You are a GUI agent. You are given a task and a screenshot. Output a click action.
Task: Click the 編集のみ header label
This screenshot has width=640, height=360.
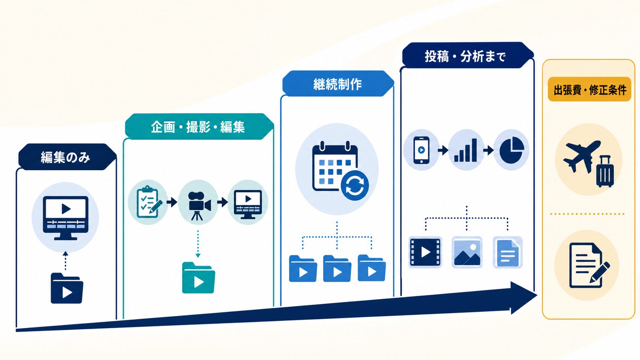(x=65, y=157)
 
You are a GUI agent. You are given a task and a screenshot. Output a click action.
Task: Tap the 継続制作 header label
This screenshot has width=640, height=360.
(x=338, y=84)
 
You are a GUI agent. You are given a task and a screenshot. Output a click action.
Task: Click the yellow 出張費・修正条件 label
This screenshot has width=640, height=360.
(x=589, y=90)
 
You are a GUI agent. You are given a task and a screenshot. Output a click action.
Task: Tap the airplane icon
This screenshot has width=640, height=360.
(x=581, y=156)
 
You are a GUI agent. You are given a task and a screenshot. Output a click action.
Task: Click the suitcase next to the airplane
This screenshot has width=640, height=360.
(x=605, y=171)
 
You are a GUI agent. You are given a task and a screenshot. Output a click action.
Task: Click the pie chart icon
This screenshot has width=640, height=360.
(x=512, y=150)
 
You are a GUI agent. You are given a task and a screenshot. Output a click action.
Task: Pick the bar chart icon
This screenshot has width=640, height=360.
(x=465, y=150)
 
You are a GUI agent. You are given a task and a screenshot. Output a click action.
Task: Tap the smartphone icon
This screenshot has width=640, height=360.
(x=421, y=150)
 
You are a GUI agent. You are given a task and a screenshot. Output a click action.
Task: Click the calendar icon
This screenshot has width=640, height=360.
(x=334, y=166)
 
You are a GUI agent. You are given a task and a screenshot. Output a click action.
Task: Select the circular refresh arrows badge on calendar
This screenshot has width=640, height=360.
(x=354, y=186)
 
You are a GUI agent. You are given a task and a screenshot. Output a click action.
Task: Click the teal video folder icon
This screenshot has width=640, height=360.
(x=199, y=277)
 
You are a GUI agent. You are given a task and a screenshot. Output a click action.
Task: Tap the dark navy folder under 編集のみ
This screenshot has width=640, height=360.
(x=67, y=288)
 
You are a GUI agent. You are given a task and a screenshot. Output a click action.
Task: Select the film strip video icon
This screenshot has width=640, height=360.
(x=425, y=252)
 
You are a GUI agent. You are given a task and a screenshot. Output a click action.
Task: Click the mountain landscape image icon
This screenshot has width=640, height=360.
(x=467, y=252)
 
